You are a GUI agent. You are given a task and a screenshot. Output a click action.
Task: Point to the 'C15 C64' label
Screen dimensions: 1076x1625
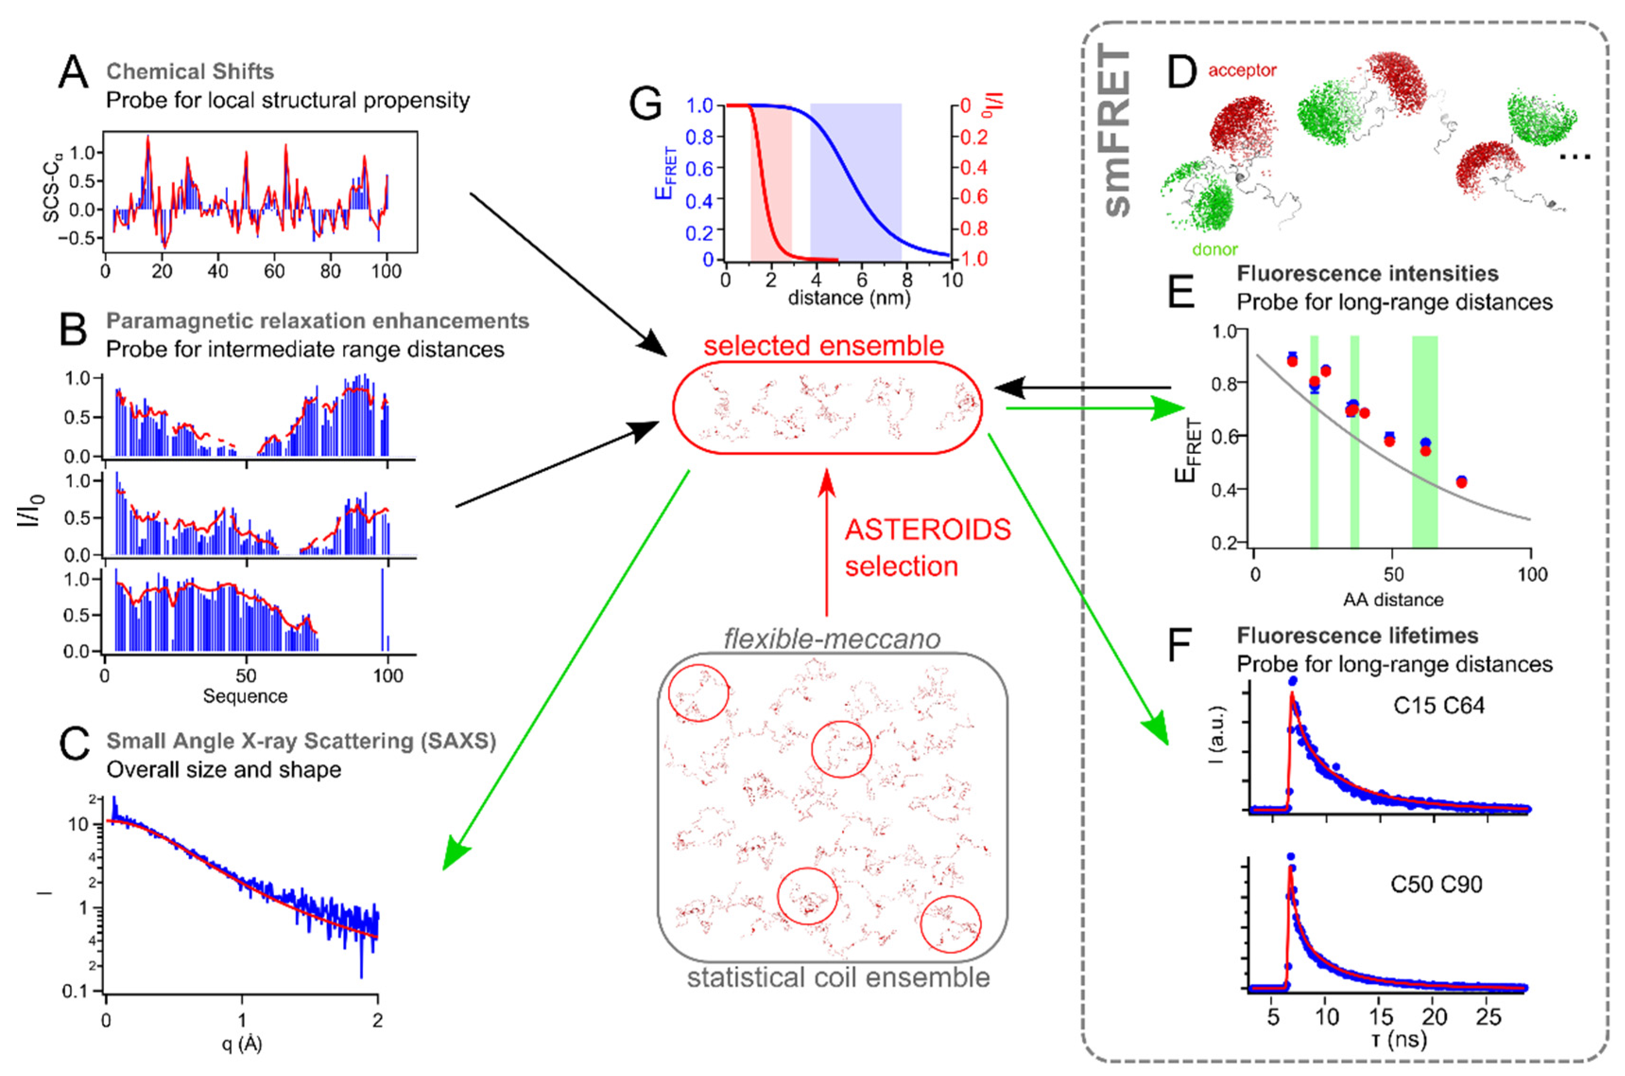[1438, 705]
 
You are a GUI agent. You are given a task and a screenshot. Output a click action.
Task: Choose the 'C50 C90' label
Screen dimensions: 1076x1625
[1436, 884]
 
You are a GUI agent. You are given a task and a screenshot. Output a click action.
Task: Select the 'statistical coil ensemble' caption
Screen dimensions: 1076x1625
[838, 977]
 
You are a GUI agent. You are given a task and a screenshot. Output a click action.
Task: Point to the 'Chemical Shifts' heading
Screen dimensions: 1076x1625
[190, 71]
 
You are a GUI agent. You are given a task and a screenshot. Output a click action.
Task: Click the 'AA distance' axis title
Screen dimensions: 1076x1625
[1393, 600]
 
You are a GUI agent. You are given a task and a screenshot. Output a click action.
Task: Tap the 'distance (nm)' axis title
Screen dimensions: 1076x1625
[849, 298]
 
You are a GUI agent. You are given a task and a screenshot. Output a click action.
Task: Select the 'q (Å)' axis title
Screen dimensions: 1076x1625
[241, 1044]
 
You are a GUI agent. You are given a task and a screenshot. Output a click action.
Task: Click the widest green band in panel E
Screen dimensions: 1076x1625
[1424, 439]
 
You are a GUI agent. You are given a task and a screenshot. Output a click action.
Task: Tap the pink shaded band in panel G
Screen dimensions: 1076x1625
[771, 182]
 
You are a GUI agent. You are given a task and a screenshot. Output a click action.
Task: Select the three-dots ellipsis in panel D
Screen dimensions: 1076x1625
[1574, 157]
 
